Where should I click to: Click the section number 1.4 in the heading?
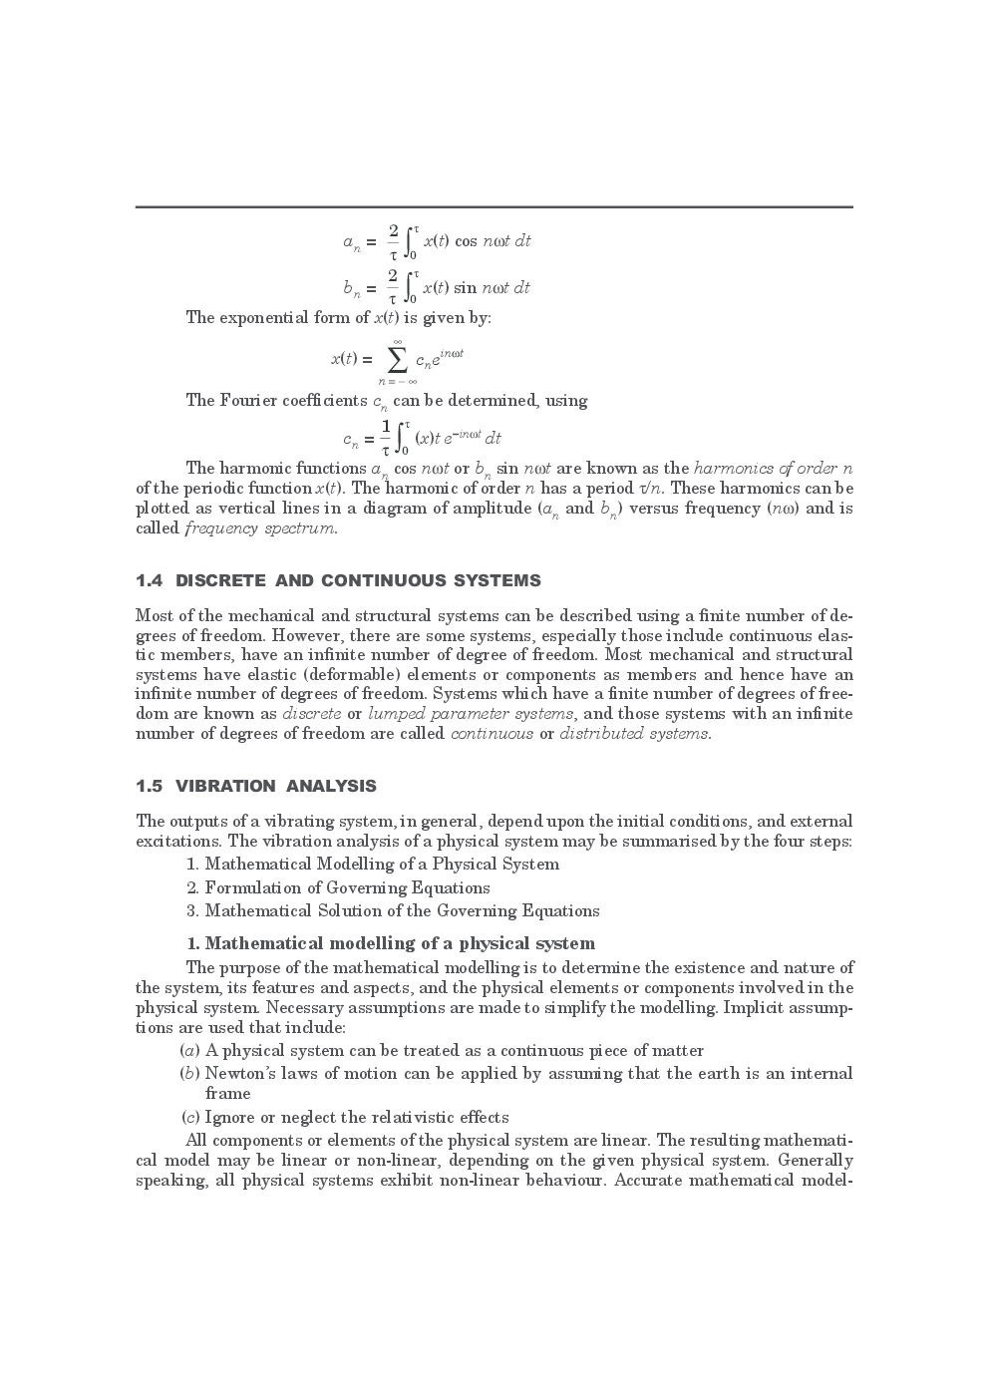coord(151,580)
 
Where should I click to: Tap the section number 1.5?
coord(151,786)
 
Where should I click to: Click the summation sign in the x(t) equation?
coord(397,359)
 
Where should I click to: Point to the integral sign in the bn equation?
coord(411,287)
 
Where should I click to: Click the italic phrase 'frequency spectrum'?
coord(260,528)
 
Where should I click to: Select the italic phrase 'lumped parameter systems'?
coord(471,714)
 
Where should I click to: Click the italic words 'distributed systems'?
coord(635,734)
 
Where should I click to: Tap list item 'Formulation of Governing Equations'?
coord(347,887)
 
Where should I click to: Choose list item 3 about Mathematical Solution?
coord(401,910)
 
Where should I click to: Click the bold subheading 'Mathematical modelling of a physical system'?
coord(399,943)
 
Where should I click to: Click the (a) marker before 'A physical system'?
coord(189,1051)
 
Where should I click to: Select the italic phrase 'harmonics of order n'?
coord(773,469)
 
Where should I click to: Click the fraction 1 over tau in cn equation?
coord(386,437)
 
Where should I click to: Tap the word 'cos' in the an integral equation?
coord(466,241)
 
